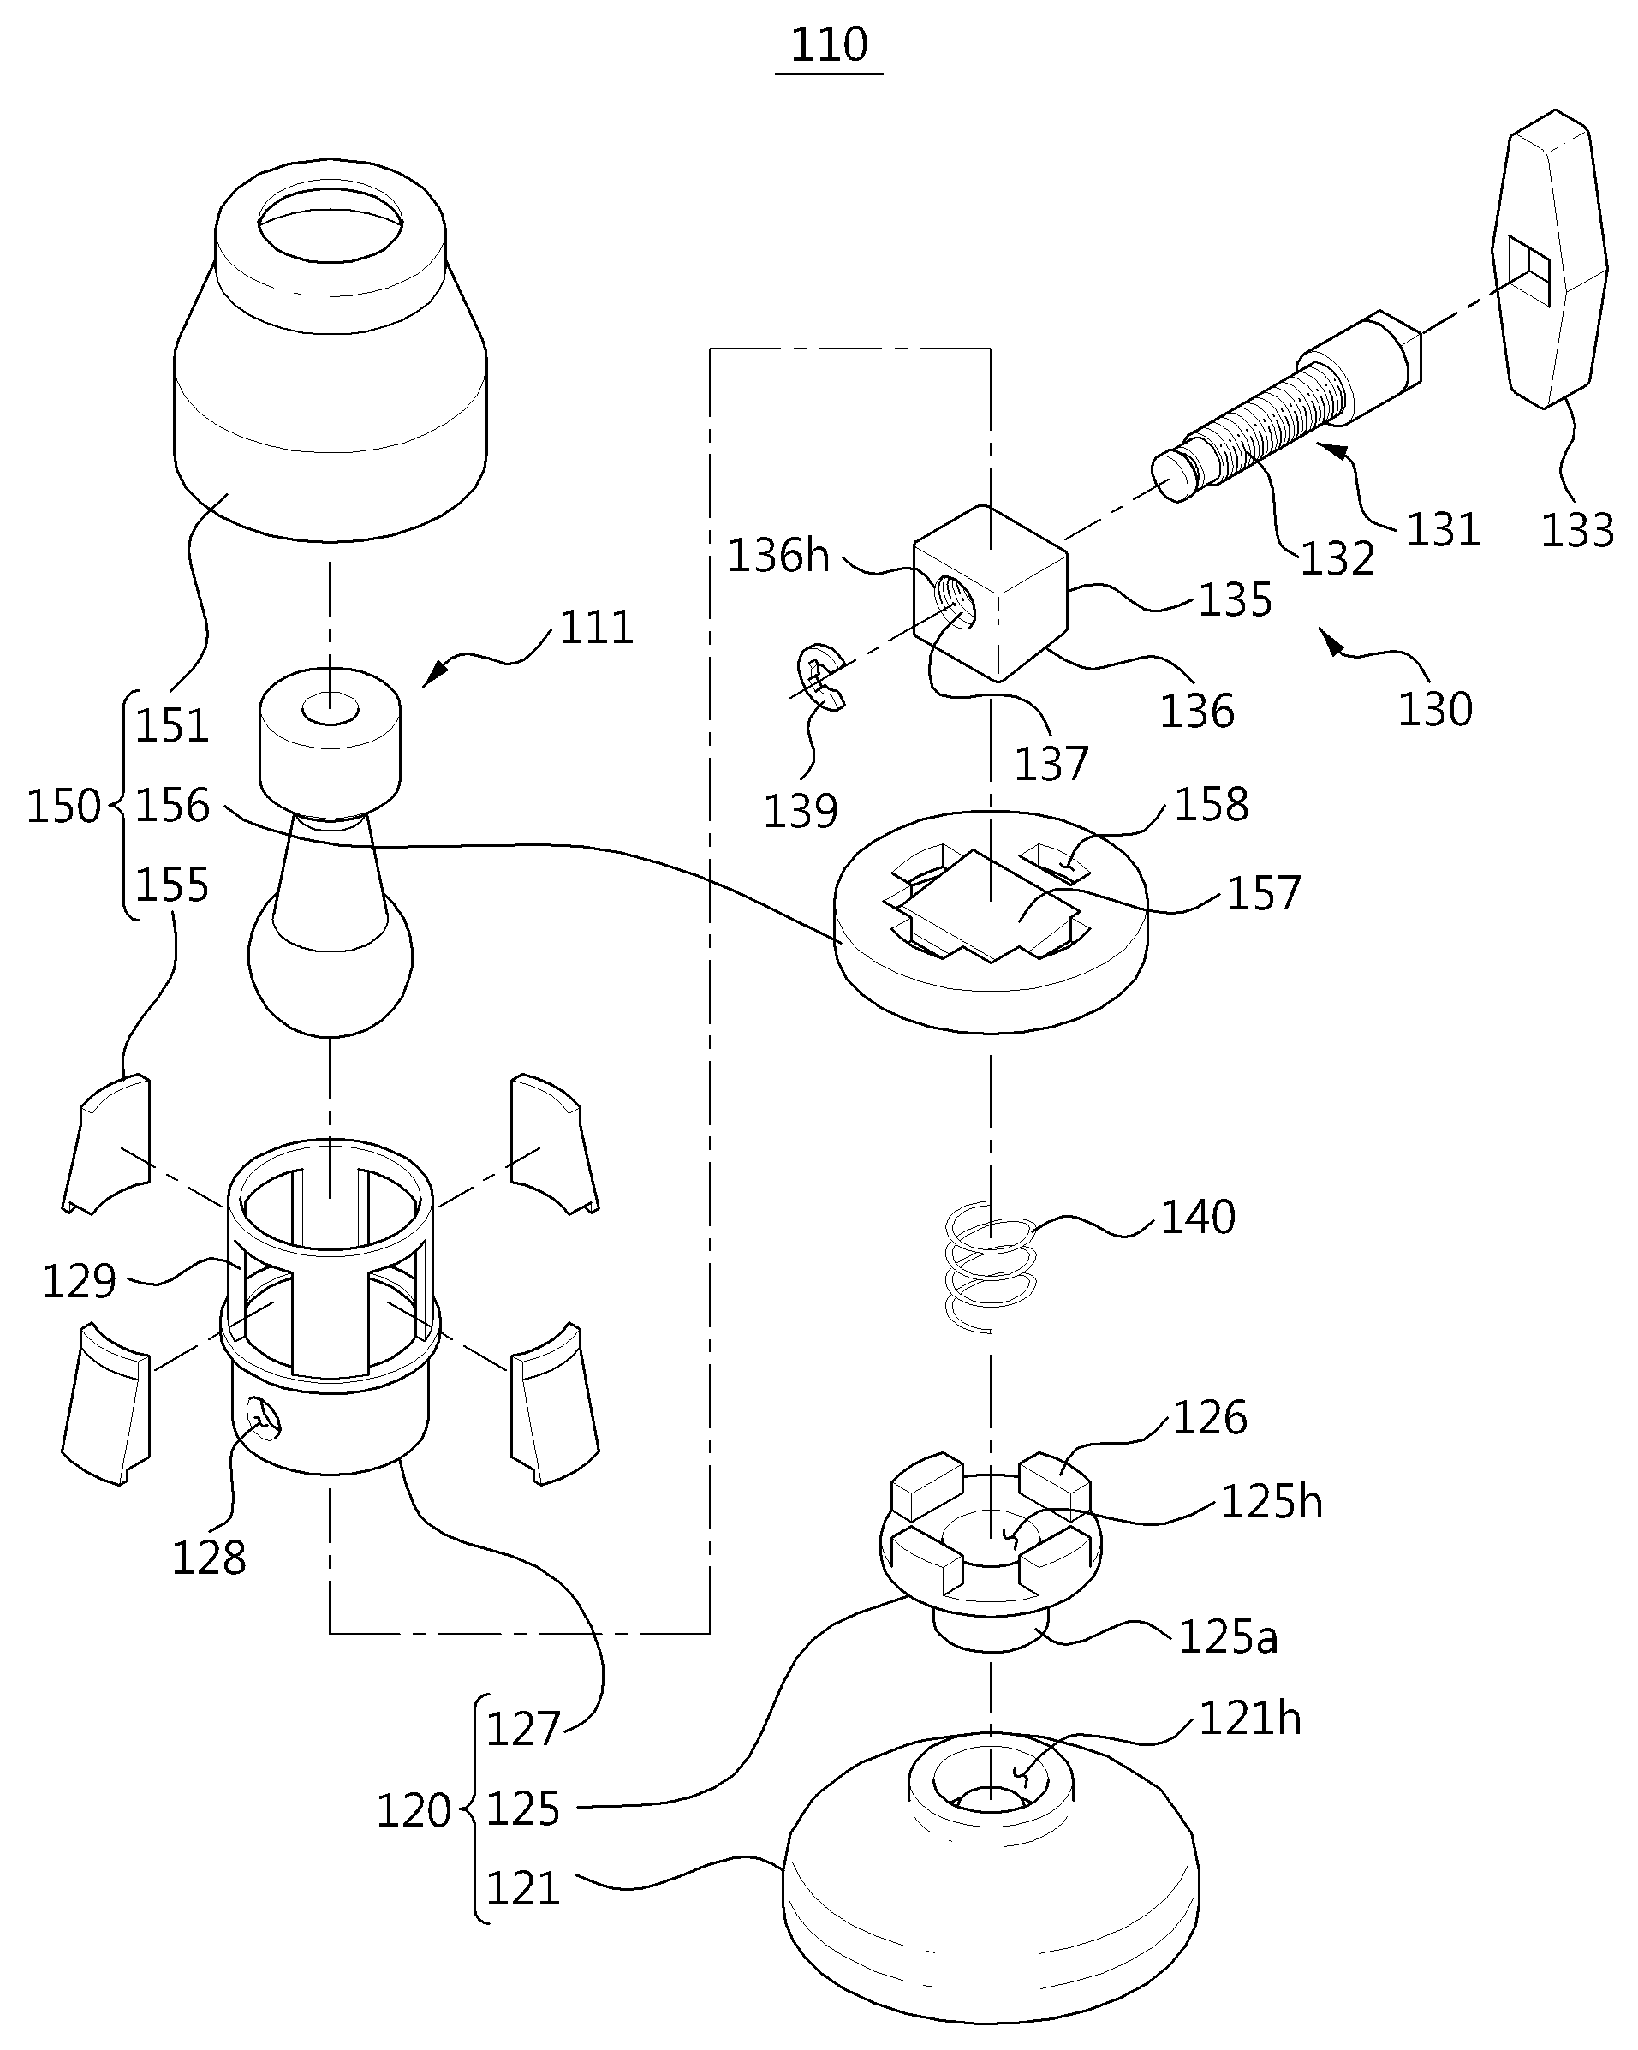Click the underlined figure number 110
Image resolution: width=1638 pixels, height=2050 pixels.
pos(829,45)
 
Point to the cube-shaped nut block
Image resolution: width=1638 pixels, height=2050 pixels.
pos(990,593)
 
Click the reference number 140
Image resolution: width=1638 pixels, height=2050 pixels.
pos(1198,1217)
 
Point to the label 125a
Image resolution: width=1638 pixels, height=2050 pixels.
pos(1227,1637)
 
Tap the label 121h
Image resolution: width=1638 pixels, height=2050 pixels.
pos(1249,1719)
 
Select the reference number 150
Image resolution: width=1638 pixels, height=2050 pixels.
pos(63,807)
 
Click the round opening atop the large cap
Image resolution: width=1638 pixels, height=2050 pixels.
pos(330,223)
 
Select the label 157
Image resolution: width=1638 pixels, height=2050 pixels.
pos(1262,894)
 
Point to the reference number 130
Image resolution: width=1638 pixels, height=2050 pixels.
pos(1434,709)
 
